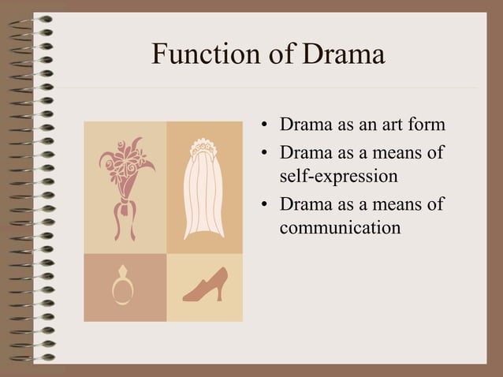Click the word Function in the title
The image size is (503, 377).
click(x=201, y=54)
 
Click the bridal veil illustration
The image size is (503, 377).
click(x=204, y=189)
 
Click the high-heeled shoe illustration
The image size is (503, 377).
click(x=205, y=286)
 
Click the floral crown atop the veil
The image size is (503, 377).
click(x=204, y=147)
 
